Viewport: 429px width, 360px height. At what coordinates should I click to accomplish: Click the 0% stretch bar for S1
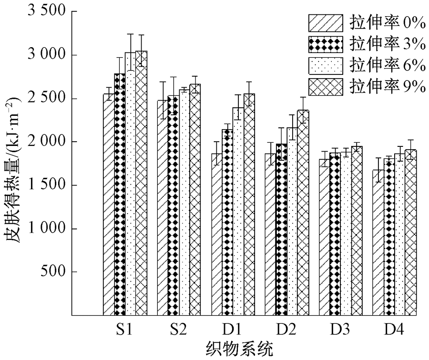109,205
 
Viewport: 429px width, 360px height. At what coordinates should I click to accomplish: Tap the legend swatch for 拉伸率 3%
326,44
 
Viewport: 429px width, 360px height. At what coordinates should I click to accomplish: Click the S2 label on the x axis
178,329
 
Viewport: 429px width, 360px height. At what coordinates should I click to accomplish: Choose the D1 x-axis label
233,329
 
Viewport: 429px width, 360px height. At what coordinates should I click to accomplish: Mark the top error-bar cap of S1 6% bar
130,34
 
